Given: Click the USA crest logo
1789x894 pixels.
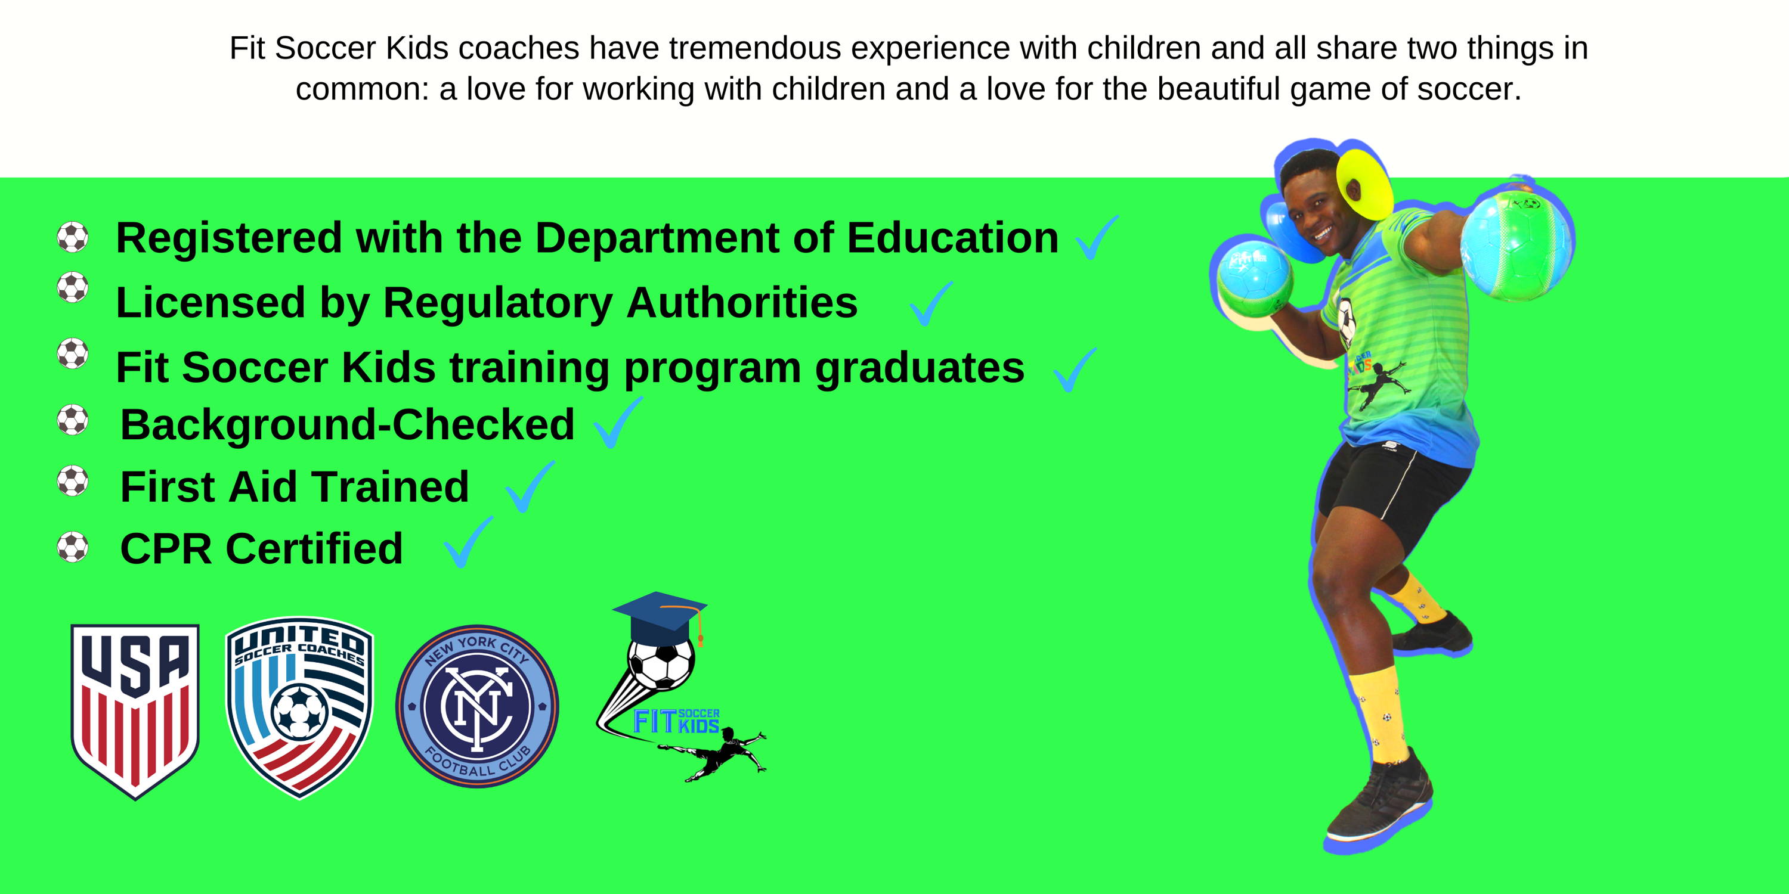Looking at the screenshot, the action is click(135, 711).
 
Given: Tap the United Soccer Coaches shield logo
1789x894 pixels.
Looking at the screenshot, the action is click(300, 707).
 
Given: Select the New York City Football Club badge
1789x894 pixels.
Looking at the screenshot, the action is click(477, 706).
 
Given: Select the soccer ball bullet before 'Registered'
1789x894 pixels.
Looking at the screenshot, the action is click(72, 237).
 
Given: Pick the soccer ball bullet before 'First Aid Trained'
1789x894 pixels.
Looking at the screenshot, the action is click(72, 481).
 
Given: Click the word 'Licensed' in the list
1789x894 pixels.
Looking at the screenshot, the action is click(211, 303).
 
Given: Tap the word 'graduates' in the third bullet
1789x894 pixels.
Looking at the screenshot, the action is click(920, 368).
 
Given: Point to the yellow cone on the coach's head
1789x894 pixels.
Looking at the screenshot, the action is click(1364, 184).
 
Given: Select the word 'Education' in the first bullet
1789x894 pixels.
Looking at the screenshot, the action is click(953, 238).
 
